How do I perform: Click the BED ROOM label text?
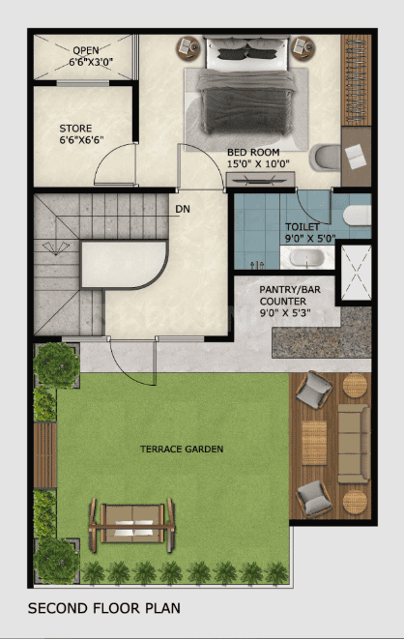point(253,152)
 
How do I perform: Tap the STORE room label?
point(76,128)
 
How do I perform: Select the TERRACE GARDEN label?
point(182,450)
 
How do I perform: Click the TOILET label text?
point(302,226)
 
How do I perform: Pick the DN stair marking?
point(183,208)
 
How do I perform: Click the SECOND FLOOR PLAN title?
point(103,609)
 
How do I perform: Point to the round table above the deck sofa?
point(356,386)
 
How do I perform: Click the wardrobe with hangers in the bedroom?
point(356,79)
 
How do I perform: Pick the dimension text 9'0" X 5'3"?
point(287,313)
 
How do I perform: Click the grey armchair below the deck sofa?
point(313,499)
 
